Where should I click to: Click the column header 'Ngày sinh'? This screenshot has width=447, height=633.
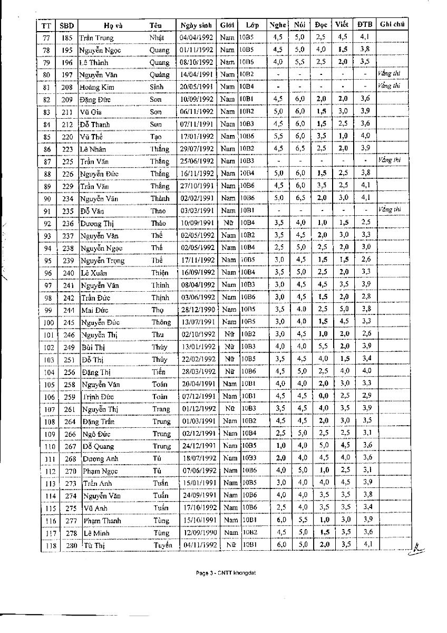pos(196,25)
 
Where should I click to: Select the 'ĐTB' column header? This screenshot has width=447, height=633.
pos(364,25)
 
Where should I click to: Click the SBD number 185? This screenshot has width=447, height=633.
pos(66,38)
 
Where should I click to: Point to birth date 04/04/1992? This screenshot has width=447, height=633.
pos(196,37)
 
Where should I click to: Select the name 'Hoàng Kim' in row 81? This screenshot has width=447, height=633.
pos(95,87)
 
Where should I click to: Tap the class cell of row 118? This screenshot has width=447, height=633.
pos(250,545)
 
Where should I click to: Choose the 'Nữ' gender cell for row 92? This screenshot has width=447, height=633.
pos(228,223)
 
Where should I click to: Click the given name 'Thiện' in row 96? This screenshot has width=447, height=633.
pos(160,273)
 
